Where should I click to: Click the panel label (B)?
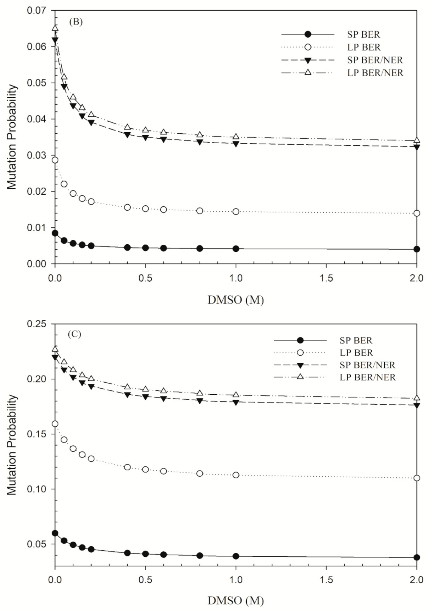pos(76,22)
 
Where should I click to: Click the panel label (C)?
pos(74,334)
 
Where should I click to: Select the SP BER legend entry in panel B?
pos(363,34)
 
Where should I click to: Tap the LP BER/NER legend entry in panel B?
pos(375,73)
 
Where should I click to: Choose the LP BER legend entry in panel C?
pos(356,352)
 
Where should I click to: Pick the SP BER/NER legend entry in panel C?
pos(367,365)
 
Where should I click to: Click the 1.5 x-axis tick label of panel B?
pos(326,278)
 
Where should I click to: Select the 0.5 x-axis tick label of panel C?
pos(145,580)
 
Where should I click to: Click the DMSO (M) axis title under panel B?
pos(235,300)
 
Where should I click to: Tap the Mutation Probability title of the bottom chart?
pos(12,445)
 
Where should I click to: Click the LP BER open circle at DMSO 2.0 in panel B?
pos(417,213)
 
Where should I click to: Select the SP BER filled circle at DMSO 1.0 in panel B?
pos(236,249)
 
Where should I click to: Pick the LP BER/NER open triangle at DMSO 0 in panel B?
pos(55,28)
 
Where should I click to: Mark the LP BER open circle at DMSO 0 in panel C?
pos(55,424)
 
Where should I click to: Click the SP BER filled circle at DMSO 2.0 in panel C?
pos(417,557)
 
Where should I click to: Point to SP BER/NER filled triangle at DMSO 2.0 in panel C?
pos(417,405)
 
